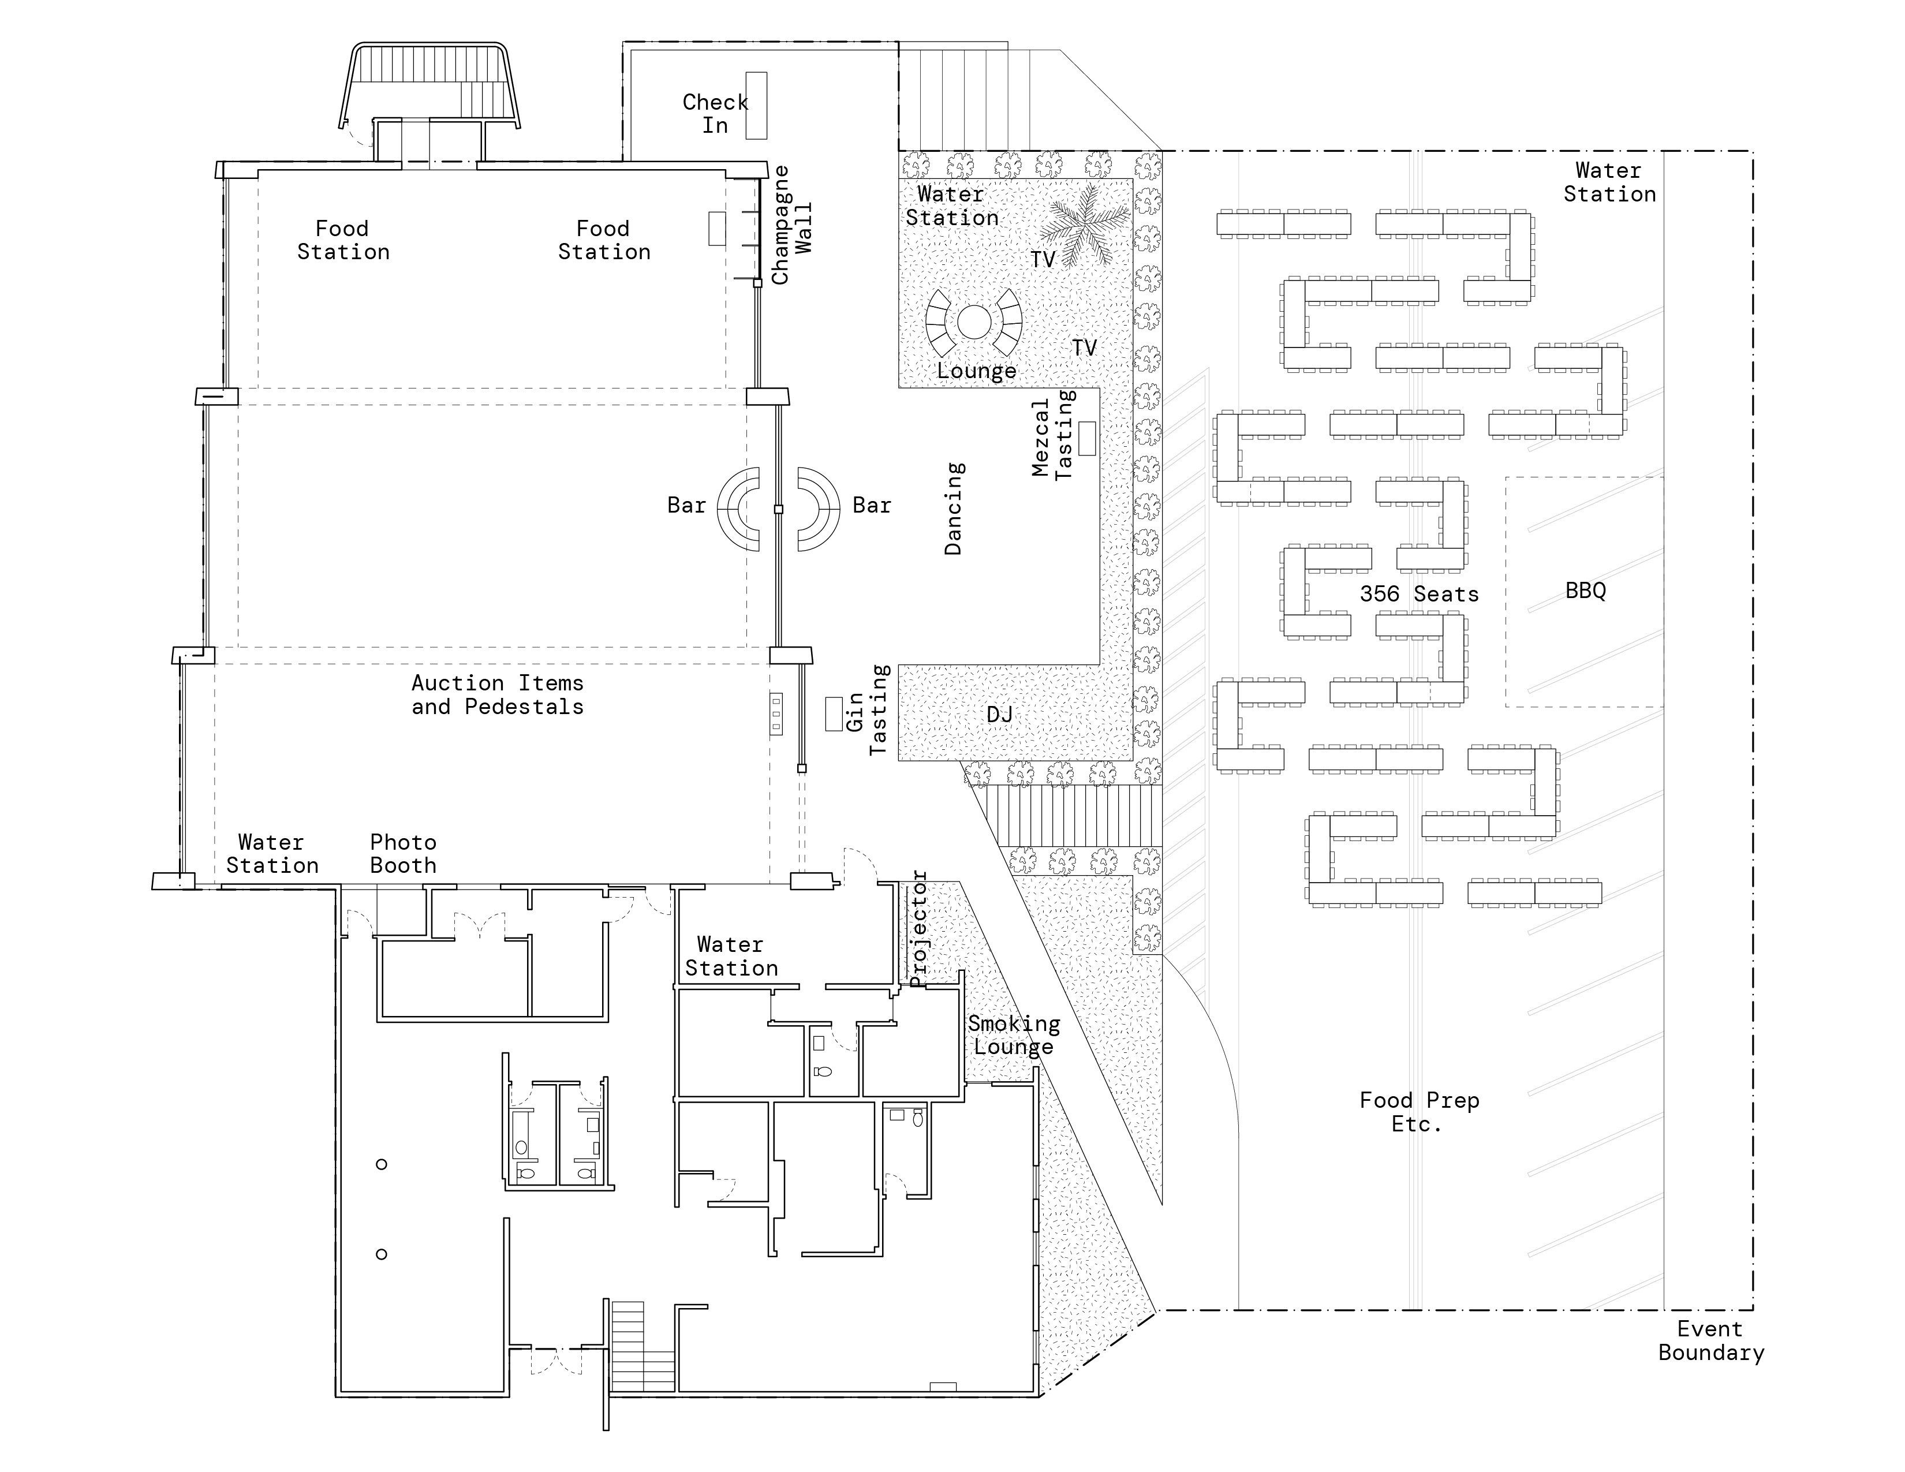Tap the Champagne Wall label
tap(792, 225)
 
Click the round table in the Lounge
tap(974, 322)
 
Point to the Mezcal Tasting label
tap(1054, 434)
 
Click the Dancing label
tap(954, 509)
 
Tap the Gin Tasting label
tap(867, 710)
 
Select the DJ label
tap(1000, 715)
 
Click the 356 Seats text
tap(1419, 594)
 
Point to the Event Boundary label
tap(1710, 1341)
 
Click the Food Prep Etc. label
tap(1419, 1112)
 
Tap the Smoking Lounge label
tap(1014, 1035)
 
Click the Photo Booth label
tap(403, 854)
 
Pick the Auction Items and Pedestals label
tap(497, 695)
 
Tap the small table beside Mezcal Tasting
tap(1087, 438)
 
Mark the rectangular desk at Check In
tap(756, 106)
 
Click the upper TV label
tap(1043, 259)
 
